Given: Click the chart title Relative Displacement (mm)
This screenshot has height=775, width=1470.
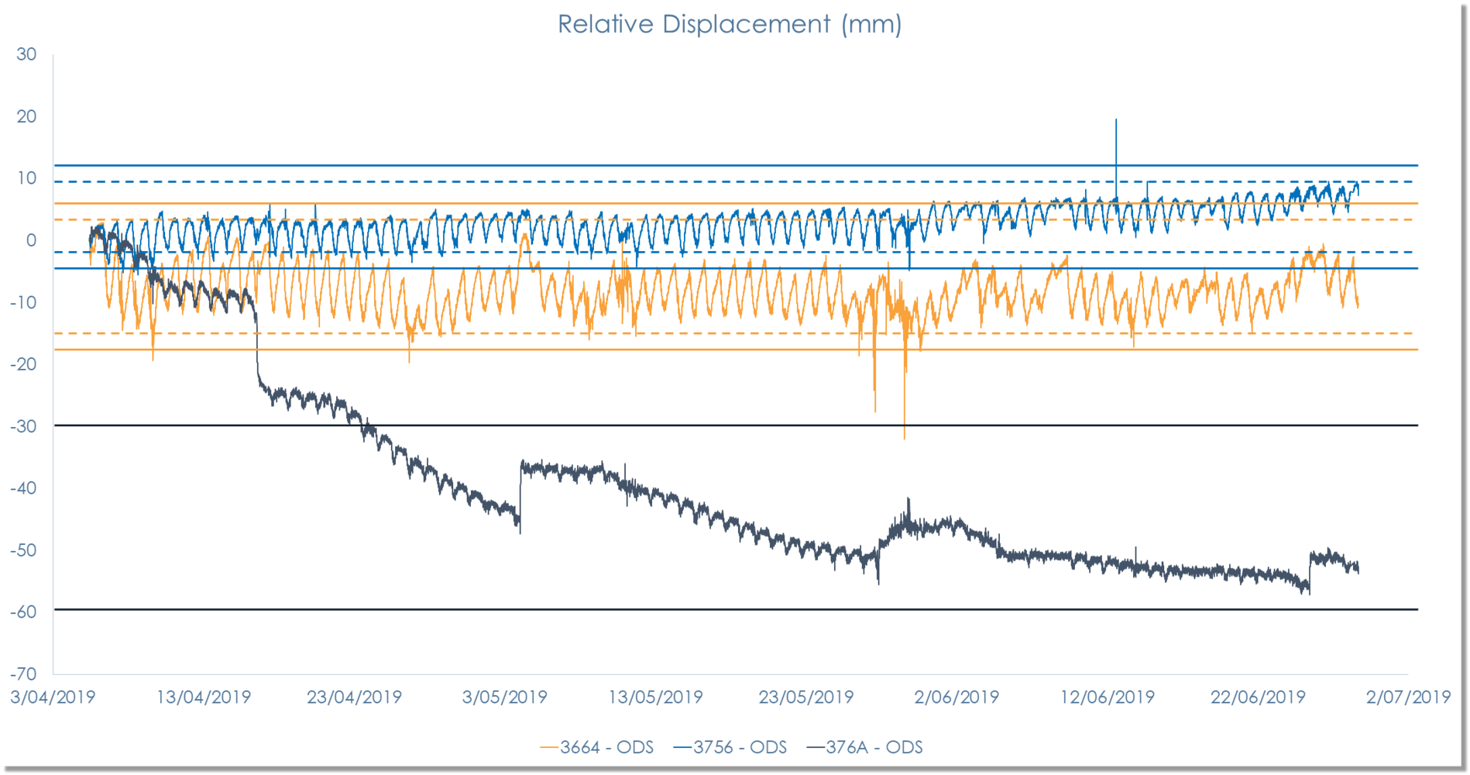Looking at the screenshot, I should click(730, 24).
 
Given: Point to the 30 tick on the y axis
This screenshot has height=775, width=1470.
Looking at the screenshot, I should click(26, 54).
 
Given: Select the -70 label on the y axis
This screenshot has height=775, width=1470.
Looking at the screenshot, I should click(23, 673).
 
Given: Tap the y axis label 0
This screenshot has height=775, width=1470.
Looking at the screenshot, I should click(31, 240).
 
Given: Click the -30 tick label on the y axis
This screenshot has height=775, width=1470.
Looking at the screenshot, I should click(23, 425).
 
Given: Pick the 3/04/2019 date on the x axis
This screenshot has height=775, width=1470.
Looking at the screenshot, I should click(53, 697).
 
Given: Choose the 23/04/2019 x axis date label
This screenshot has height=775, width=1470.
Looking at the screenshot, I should click(354, 697).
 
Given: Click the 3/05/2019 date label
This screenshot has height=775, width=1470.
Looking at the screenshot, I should click(504, 697).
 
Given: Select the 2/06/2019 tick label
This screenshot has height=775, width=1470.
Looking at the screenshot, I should click(957, 697).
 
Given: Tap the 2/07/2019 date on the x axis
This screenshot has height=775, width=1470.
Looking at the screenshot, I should click(1408, 697).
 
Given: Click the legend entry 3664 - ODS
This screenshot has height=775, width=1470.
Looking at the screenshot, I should click(597, 747).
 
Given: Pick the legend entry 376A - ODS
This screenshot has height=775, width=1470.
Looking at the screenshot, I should click(865, 747).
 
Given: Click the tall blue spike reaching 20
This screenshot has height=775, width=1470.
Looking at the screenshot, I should click(1115, 124).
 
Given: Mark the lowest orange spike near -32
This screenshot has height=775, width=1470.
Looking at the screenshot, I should click(904, 436).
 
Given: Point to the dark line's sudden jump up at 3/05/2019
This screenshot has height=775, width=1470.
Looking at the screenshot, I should click(520, 488).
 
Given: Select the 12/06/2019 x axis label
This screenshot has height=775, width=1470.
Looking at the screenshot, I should click(1107, 697).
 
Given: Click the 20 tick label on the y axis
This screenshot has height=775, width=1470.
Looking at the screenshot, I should click(26, 116).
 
